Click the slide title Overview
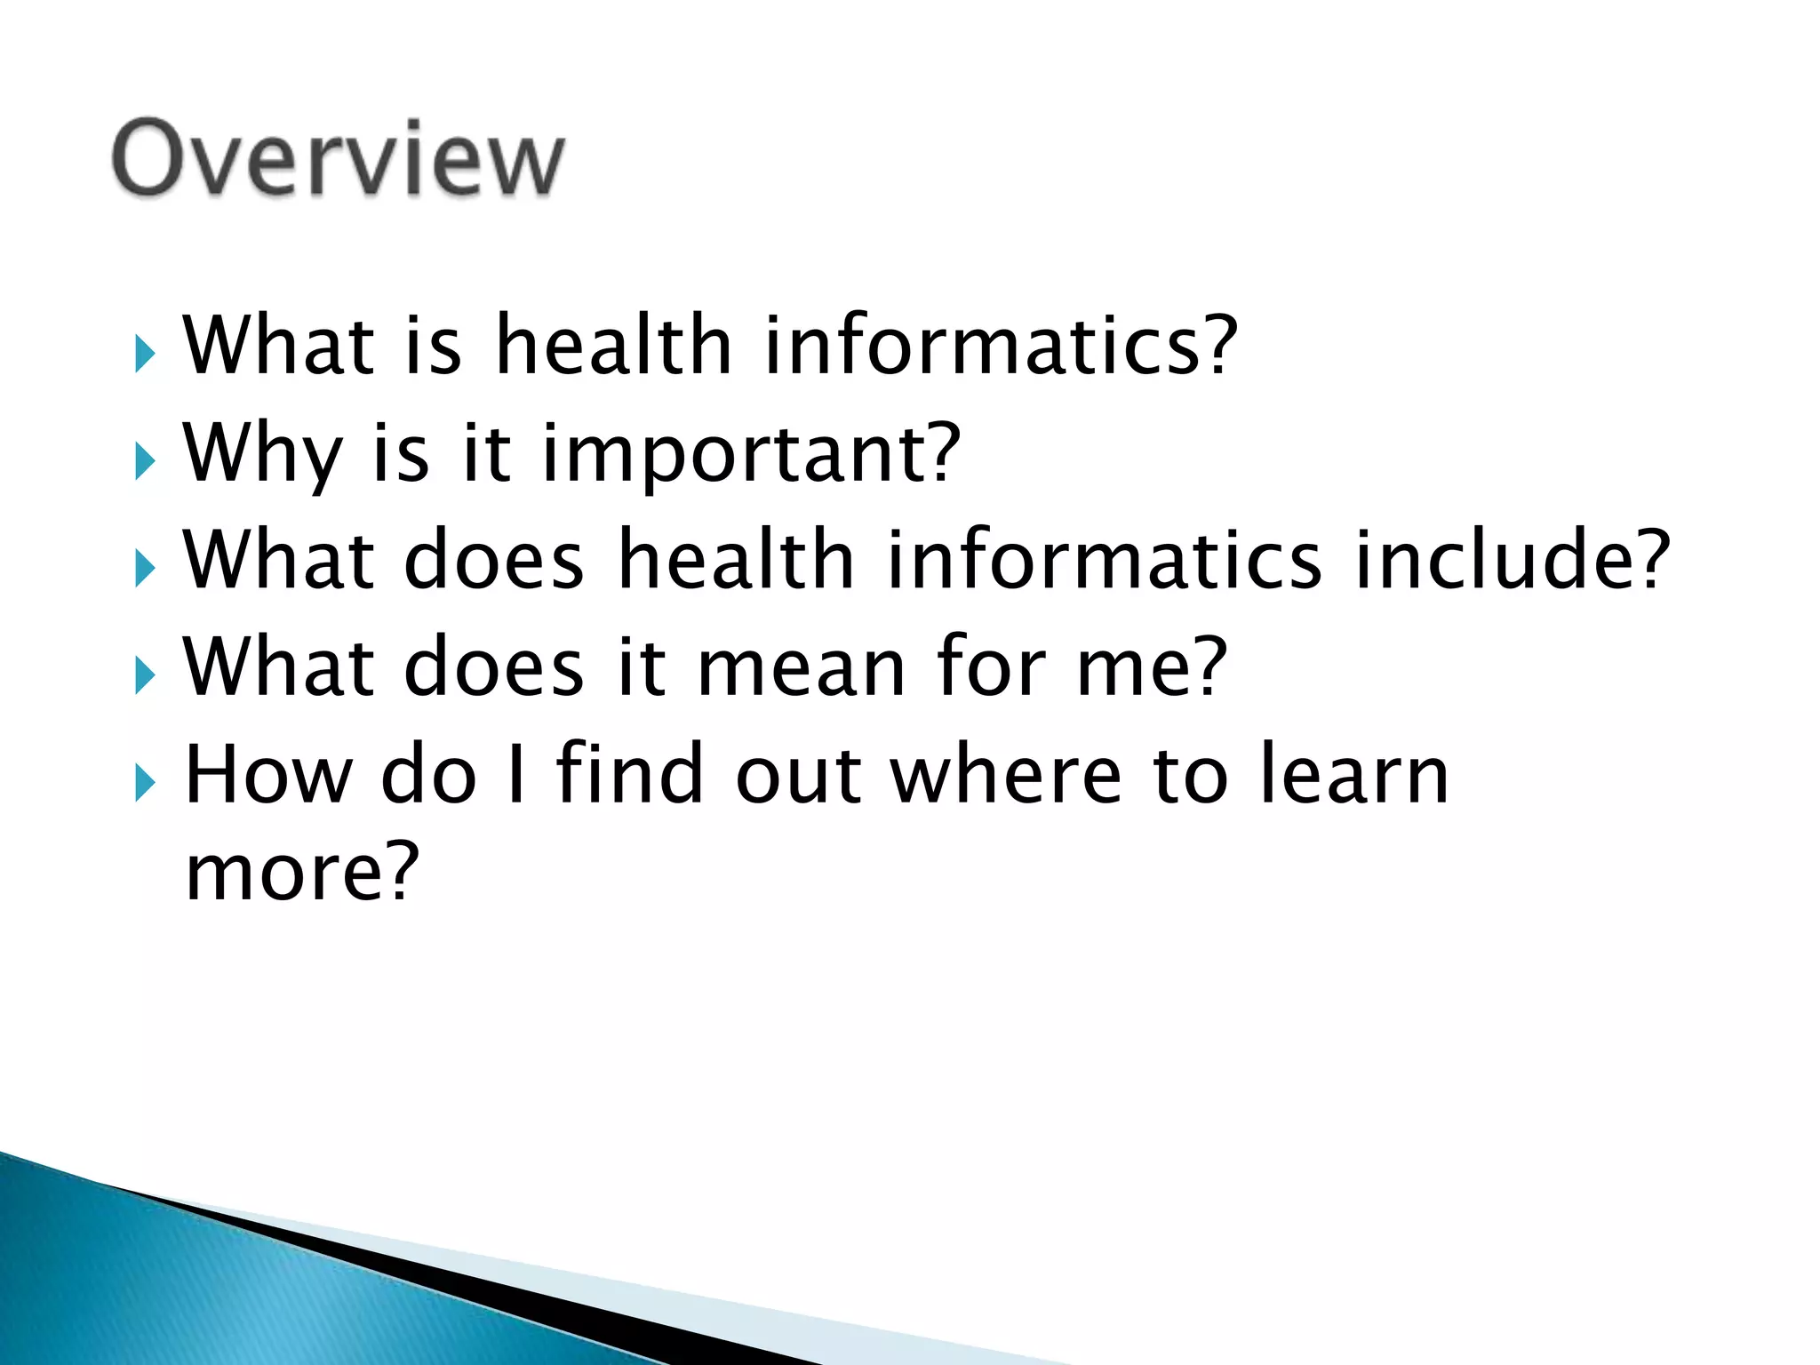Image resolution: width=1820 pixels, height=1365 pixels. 338,158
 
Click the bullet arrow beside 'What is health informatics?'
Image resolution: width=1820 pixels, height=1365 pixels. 145,355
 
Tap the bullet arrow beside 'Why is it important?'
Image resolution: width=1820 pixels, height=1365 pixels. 145,462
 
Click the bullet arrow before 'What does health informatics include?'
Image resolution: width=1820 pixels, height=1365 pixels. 145,569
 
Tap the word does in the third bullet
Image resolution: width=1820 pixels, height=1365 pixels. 494,560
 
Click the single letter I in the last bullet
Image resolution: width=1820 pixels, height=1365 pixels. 515,775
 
